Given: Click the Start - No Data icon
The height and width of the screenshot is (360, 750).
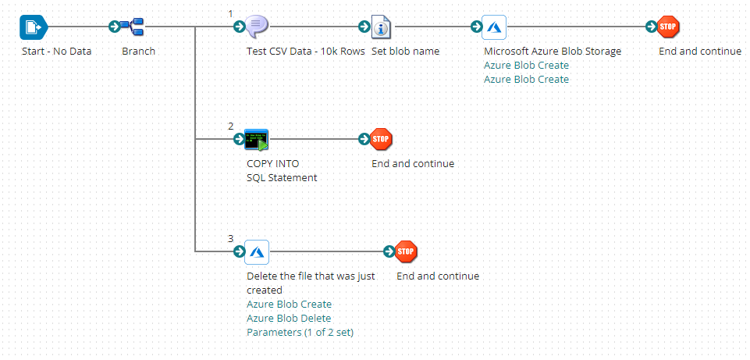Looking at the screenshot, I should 33,27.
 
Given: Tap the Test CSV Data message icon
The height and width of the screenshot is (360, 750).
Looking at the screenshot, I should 257,27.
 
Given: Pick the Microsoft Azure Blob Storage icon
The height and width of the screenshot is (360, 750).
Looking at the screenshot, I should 494,27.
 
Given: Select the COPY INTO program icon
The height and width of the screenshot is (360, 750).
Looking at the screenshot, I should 257,140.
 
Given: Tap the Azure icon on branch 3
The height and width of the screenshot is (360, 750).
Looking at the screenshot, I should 257,251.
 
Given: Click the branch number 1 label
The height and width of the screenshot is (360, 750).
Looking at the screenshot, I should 231,13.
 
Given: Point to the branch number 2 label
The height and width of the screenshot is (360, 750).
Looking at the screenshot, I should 231,126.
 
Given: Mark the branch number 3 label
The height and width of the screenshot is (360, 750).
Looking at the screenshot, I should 231,238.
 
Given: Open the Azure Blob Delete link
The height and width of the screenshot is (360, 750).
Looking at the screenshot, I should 289,319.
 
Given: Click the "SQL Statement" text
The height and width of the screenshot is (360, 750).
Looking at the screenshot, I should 282,178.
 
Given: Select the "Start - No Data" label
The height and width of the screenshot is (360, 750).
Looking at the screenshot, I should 57,52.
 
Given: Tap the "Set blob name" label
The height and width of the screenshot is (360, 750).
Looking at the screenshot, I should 405,52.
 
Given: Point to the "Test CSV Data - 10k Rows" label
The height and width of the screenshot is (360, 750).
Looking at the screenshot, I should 305,52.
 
